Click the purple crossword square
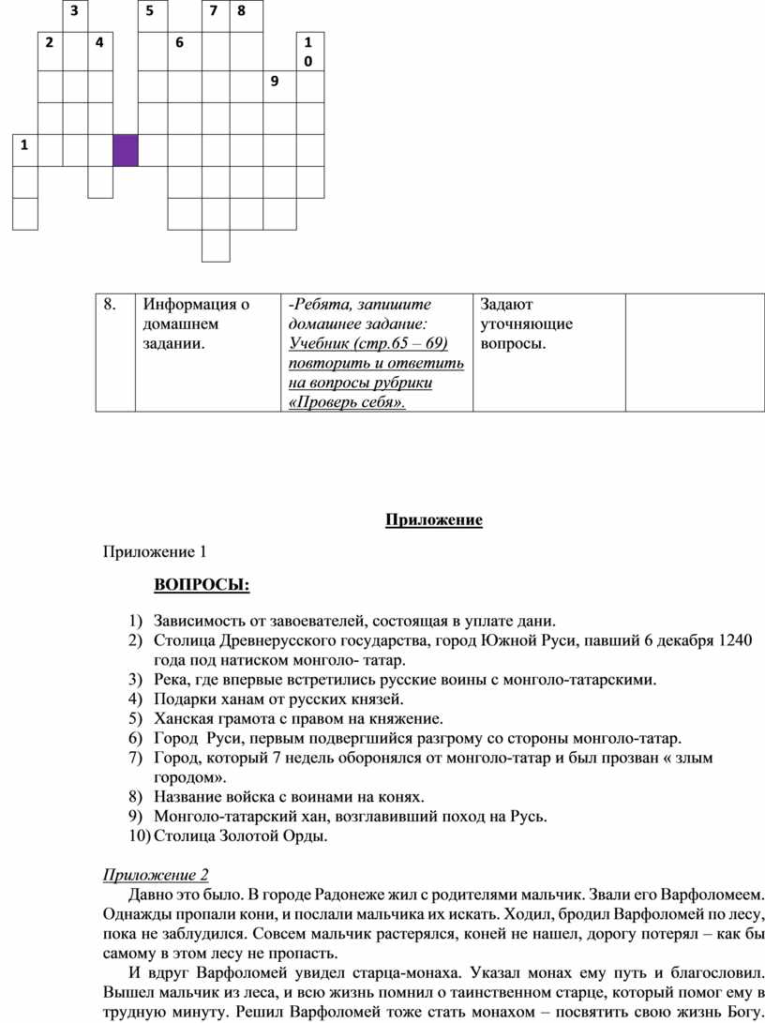pos(126,150)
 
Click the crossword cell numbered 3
pos(75,16)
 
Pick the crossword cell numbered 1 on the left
pos(25,150)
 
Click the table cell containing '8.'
pos(115,352)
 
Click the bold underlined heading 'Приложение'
pos(434,520)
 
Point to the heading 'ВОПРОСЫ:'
pos(202,586)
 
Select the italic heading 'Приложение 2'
pos(155,875)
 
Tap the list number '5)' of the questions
pos(137,719)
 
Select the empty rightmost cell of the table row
pos(694,352)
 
